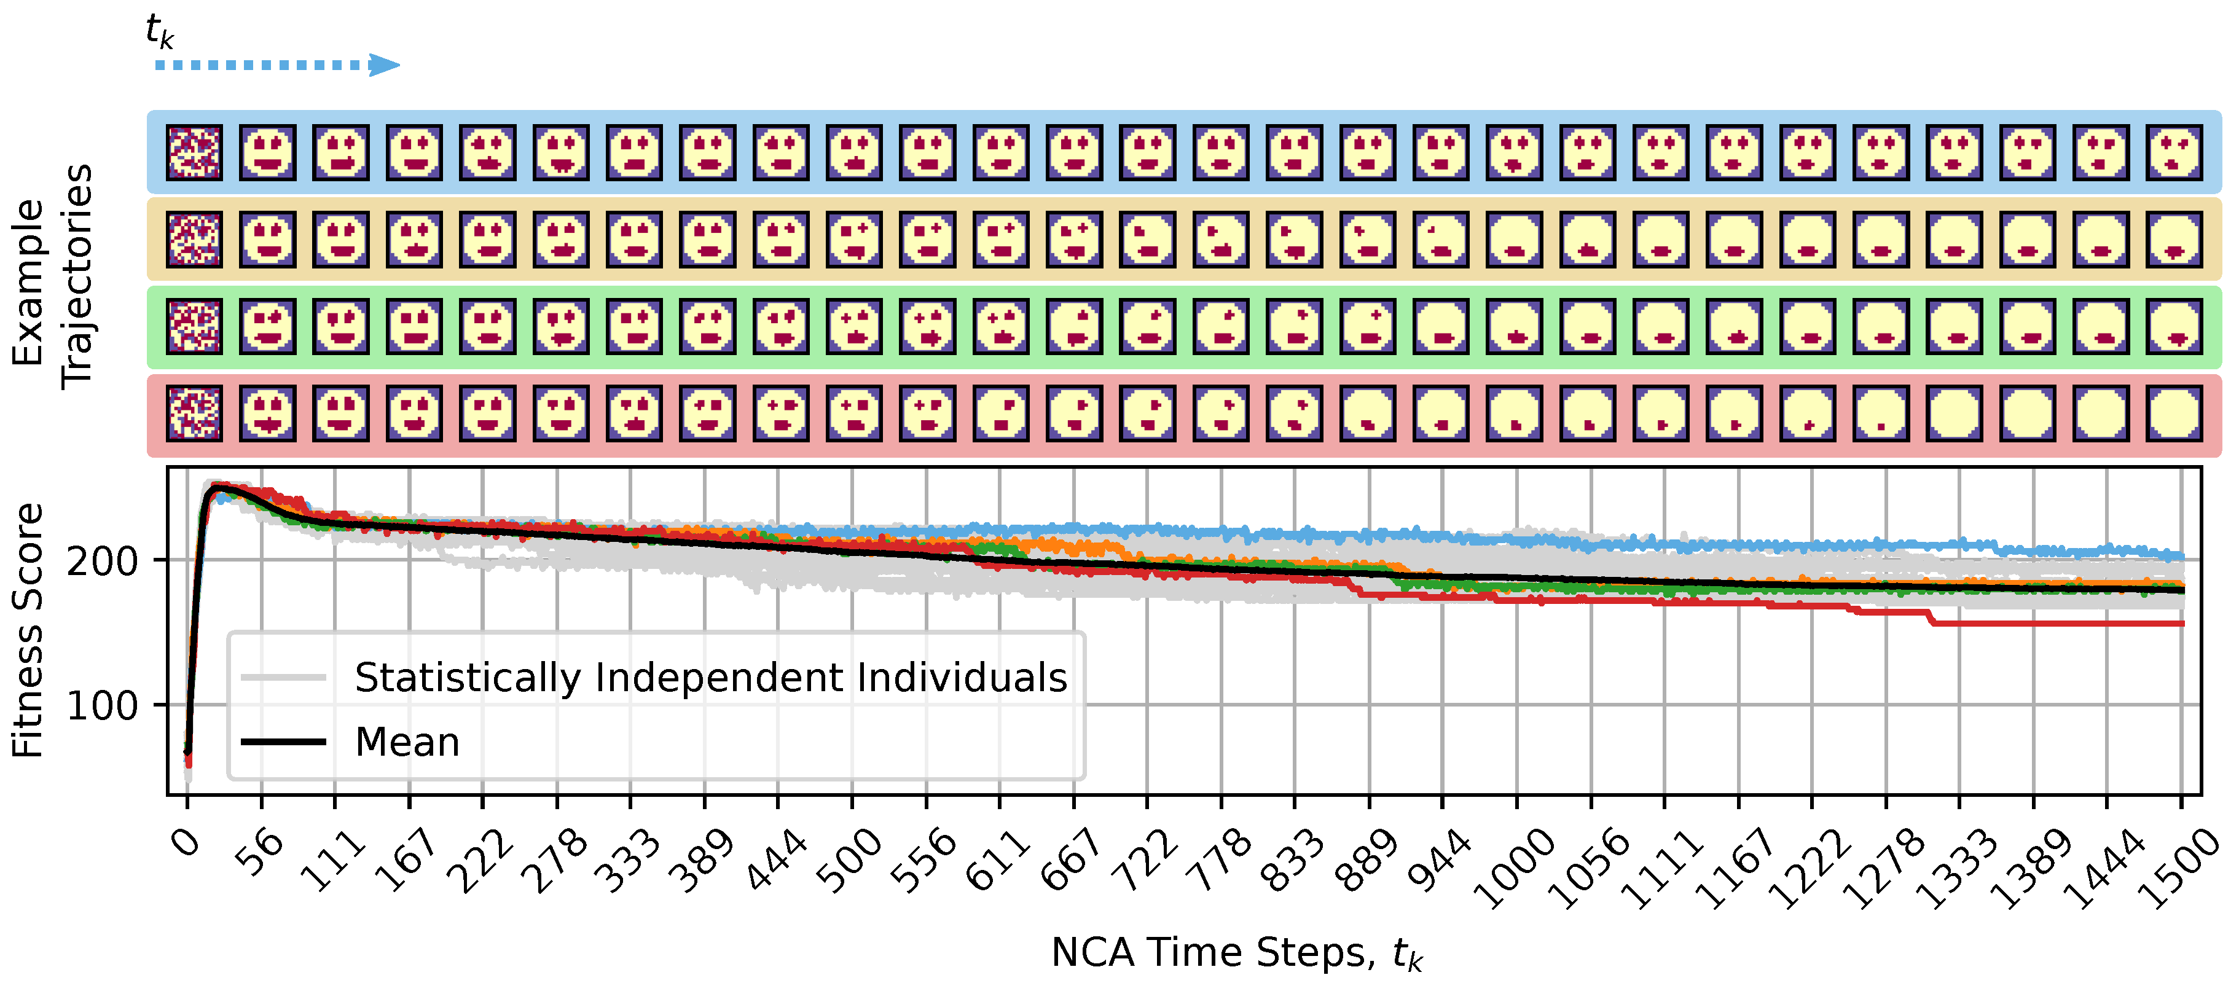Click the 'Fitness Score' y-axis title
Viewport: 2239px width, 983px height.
click(28, 631)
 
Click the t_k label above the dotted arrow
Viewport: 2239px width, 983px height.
click(159, 31)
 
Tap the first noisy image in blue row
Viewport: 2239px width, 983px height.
click(195, 152)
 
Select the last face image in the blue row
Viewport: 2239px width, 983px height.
click(2174, 152)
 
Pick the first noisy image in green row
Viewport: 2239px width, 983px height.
click(195, 326)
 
